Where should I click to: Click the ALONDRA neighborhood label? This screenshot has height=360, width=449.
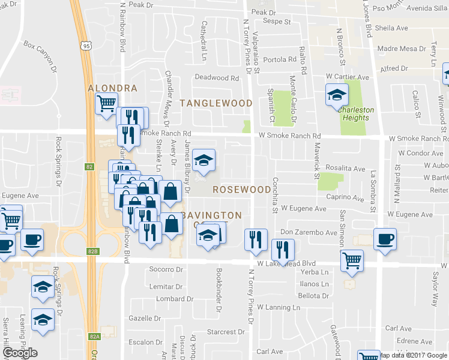tap(112, 88)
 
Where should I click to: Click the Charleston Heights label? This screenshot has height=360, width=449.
tap(356, 114)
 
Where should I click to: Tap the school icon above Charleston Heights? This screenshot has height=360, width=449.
tap(337, 95)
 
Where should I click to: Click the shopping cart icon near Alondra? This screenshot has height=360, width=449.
tap(106, 103)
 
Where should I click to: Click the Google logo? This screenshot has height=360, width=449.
tap(20, 353)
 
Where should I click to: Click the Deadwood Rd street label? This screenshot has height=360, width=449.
tap(217, 78)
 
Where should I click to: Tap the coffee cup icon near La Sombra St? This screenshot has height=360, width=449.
tap(385, 239)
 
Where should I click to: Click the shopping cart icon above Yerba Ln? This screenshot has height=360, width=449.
tap(352, 260)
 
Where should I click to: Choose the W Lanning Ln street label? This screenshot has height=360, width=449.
tap(279, 308)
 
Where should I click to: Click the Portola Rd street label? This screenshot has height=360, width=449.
tap(280, 60)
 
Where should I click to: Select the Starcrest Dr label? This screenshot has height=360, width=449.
tap(224, 332)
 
